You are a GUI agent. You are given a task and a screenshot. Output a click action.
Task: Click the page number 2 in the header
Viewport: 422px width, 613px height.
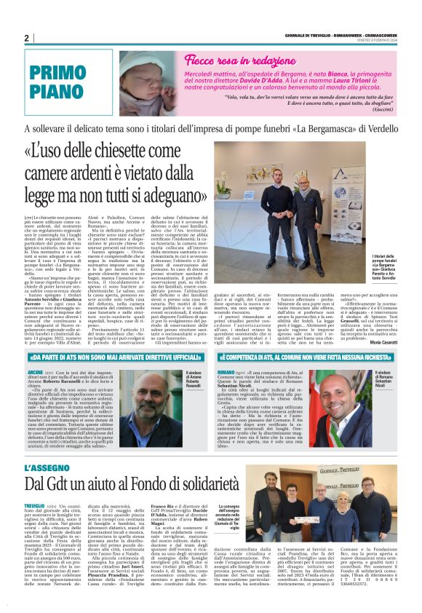(x=26, y=38)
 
